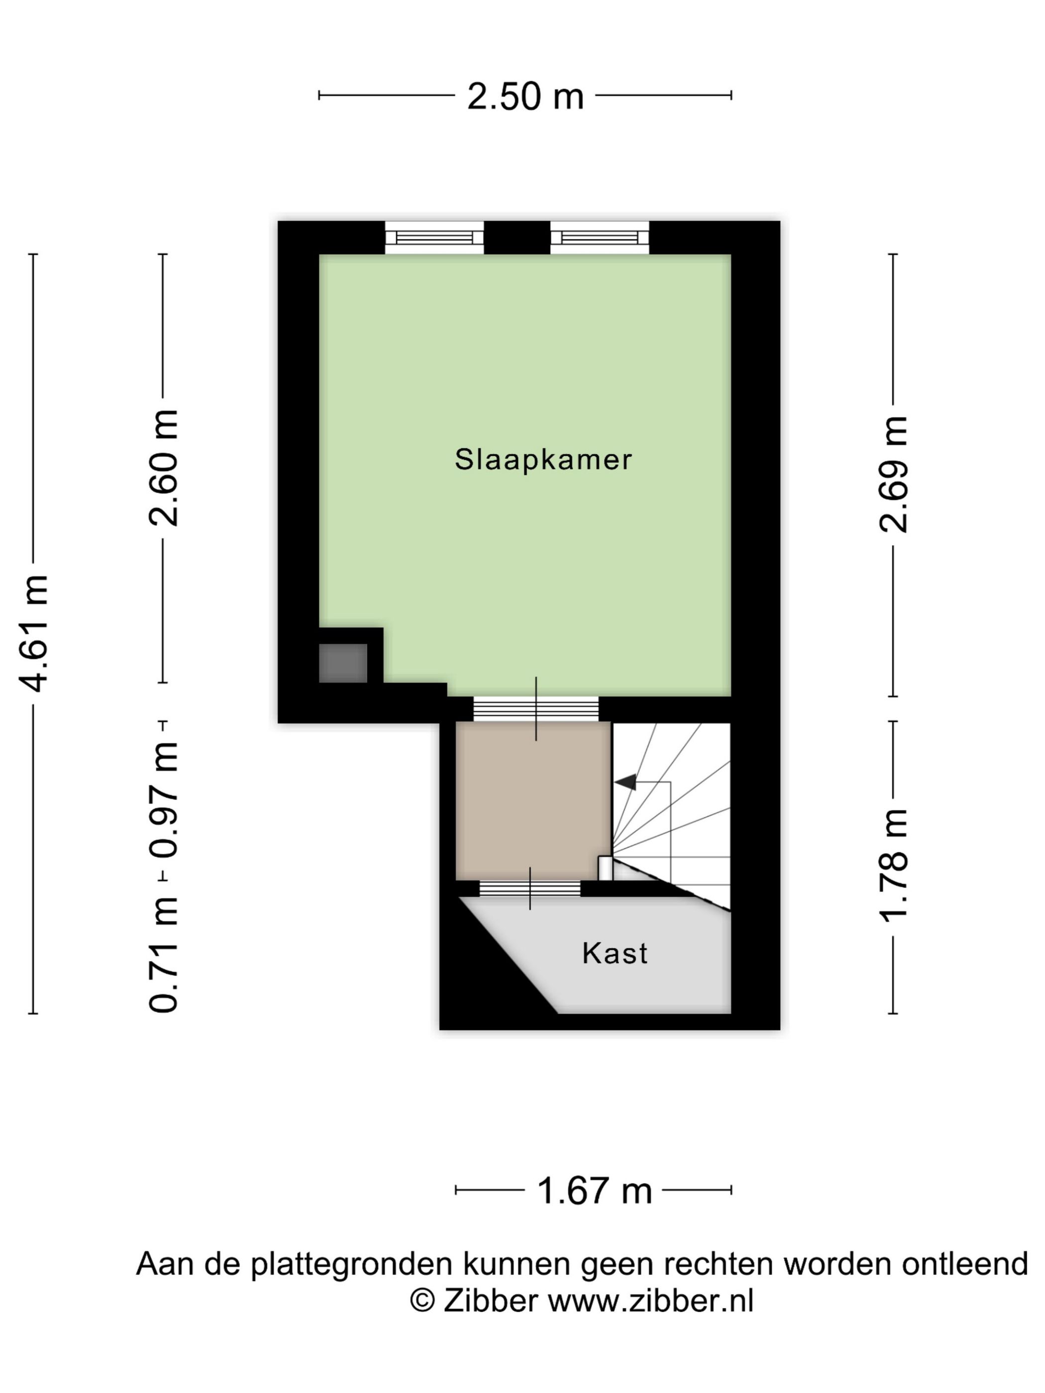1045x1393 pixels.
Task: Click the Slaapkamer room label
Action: tap(542, 459)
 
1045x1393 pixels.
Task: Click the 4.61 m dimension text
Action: tap(34, 632)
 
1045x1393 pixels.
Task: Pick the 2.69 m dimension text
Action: tap(893, 474)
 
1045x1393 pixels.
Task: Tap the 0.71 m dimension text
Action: tap(164, 953)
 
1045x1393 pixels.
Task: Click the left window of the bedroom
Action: tap(434, 237)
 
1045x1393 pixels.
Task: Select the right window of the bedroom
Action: tap(599, 237)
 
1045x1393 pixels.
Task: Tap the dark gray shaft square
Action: tap(343, 663)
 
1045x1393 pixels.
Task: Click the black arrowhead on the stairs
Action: tap(626, 782)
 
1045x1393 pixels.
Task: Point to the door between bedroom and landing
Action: tap(535, 709)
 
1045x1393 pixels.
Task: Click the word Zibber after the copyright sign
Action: tap(490, 1300)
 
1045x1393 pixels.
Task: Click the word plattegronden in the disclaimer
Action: tap(351, 1264)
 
